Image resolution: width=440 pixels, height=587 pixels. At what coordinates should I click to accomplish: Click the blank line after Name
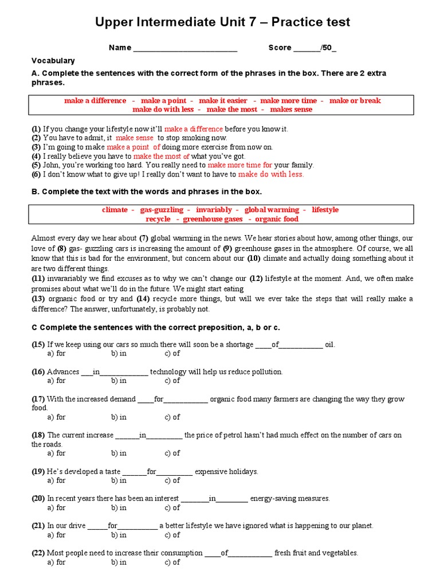click(x=185, y=48)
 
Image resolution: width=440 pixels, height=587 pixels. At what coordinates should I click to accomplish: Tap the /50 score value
click(x=328, y=48)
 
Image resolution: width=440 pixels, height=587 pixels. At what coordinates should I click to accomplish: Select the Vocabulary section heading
click(x=53, y=60)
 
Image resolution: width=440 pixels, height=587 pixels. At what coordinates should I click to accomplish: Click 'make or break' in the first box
click(x=355, y=100)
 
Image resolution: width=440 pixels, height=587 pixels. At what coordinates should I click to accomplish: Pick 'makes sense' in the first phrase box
click(x=291, y=109)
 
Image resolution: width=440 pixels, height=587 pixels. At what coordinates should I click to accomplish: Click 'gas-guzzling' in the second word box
click(x=162, y=210)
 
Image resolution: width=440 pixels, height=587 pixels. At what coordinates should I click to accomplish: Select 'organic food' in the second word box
click(x=277, y=219)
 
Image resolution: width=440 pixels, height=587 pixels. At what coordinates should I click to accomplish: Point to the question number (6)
click(x=36, y=174)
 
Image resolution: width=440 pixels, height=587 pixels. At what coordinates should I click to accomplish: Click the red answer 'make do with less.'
click(x=271, y=174)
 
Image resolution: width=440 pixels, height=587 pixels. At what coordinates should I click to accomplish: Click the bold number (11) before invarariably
click(x=37, y=278)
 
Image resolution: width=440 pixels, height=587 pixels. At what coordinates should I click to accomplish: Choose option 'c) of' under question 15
click(x=172, y=354)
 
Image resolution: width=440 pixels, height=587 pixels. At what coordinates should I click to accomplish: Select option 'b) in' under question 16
click(x=119, y=381)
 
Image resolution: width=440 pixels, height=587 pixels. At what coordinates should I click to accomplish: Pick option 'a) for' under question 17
click(x=57, y=417)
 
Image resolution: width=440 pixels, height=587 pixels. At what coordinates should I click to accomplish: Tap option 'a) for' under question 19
click(x=57, y=480)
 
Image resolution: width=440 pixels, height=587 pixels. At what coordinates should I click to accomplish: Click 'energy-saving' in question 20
click(x=273, y=499)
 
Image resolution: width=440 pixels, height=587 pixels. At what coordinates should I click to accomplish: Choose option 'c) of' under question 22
click(x=172, y=562)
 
